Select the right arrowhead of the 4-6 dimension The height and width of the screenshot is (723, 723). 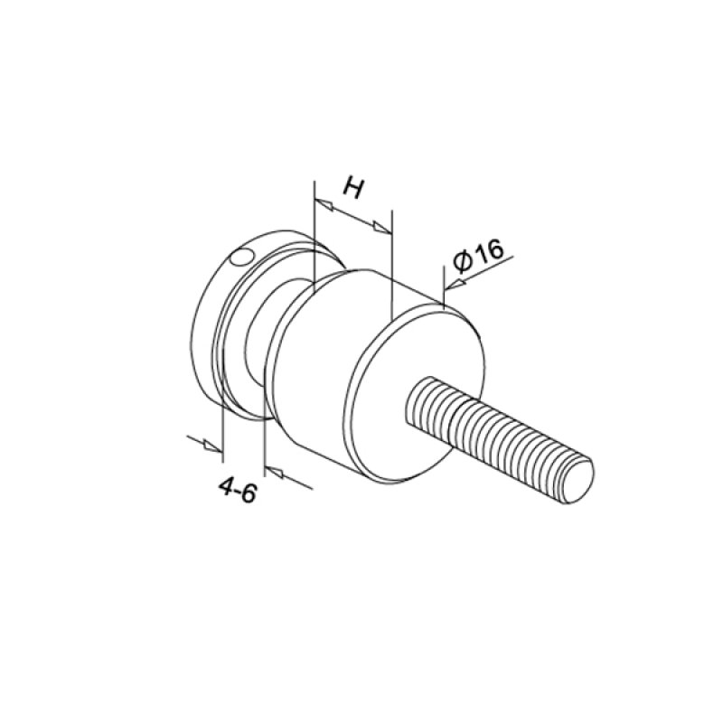click(x=274, y=472)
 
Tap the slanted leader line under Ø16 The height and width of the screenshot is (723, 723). click(x=488, y=271)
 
